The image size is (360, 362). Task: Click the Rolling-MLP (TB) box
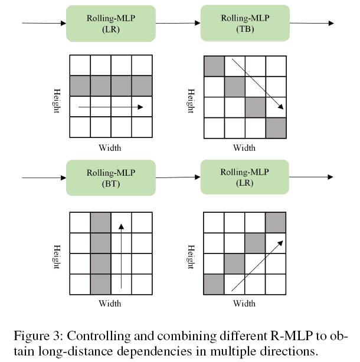click(245, 23)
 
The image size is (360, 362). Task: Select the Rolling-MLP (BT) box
click(111, 177)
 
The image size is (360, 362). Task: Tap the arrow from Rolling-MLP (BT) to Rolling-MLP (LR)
click(178, 177)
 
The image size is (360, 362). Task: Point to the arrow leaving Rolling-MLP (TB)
click(312, 24)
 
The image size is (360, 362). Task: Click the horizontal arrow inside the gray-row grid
click(111, 107)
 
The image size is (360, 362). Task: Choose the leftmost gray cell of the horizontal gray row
click(80, 86)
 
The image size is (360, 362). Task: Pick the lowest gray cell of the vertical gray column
click(100, 284)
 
